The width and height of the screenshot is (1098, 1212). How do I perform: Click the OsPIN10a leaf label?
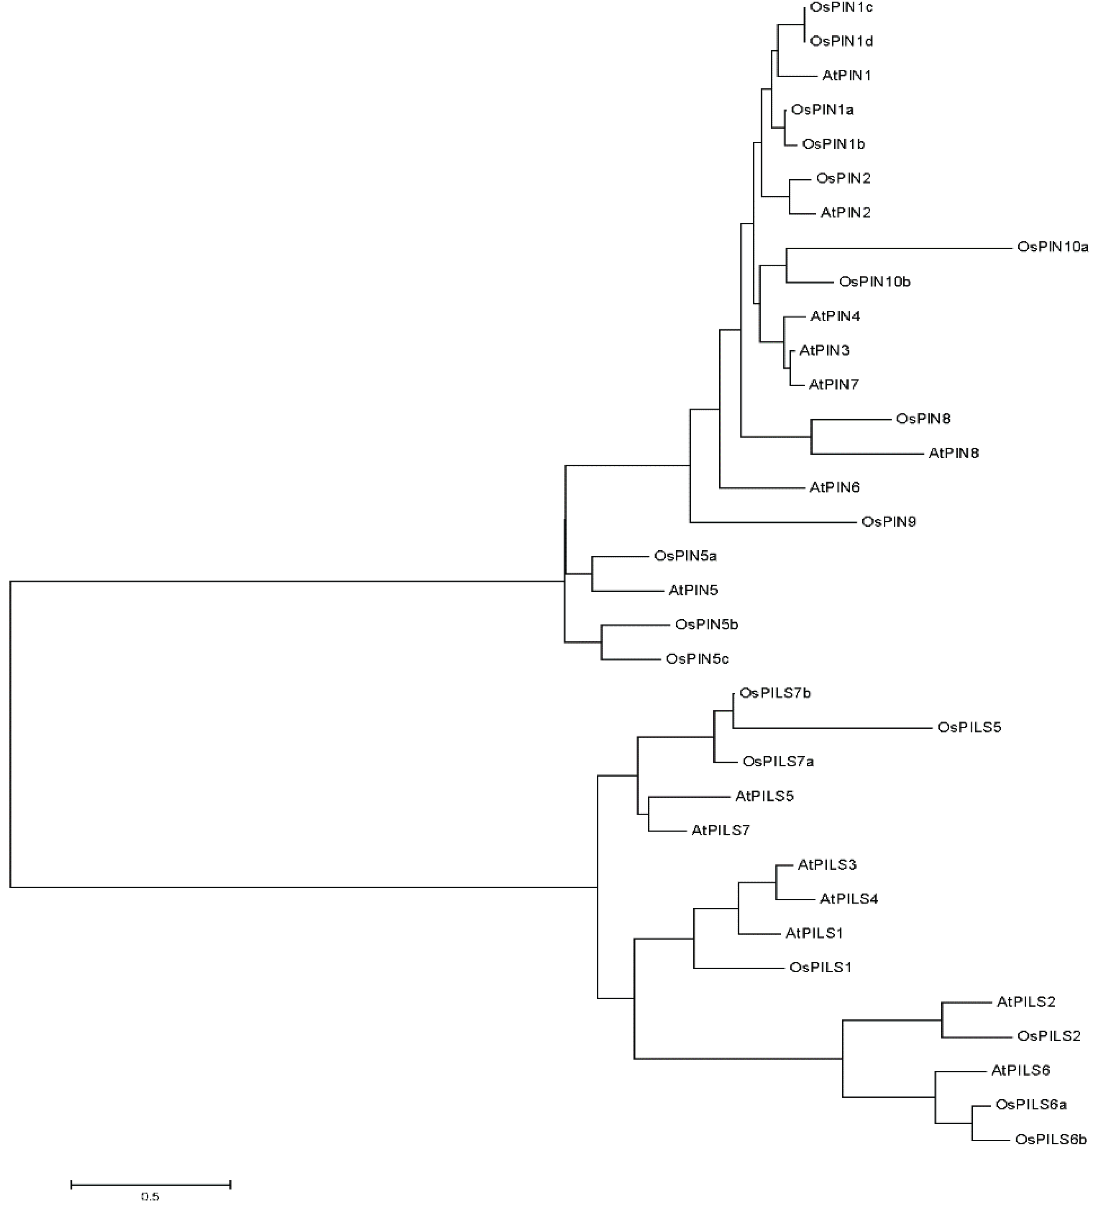pyautogui.click(x=1052, y=247)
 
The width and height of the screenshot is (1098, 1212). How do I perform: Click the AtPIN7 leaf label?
pyautogui.click(x=833, y=385)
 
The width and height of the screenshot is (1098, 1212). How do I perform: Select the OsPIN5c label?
pyautogui.click(x=697, y=659)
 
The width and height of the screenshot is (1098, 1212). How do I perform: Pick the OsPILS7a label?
pyautogui.click(x=778, y=762)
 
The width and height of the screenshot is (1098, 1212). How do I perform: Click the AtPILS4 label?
pyautogui.click(x=848, y=899)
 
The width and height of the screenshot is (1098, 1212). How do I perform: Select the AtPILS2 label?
pyautogui.click(x=1026, y=1002)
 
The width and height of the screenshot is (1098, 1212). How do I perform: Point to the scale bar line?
pyautogui.click(x=150, y=1184)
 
